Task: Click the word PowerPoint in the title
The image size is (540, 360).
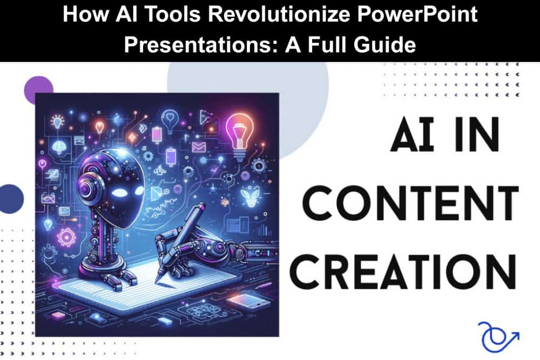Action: pyautogui.click(x=417, y=15)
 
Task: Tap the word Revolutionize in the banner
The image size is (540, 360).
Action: pyautogui.click(x=278, y=15)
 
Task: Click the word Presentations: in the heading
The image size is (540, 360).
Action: pyautogui.click(x=201, y=45)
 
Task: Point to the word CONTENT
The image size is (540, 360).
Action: pyautogui.click(x=411, y=203)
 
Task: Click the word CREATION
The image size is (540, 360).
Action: pyautogui.click(x=403, y=272)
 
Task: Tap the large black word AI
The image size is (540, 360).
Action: pyautogui.click(x=411, y=134)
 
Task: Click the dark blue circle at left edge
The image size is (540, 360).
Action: pyautogui.click(x=11, y=199)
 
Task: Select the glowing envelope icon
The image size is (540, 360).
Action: pyautogui.click(x=198, y=147)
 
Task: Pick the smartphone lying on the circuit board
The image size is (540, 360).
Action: pyautogui.click(x=248, y=301)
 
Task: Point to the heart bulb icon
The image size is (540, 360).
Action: pyautogui.click(x=169, y=119)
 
